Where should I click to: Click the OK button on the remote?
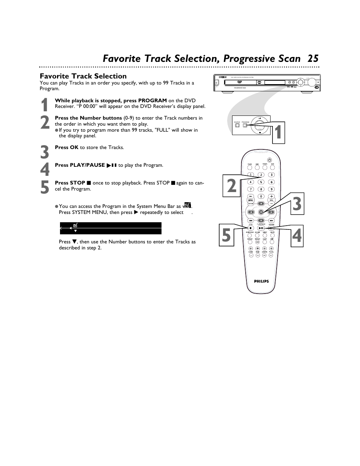[x=261, y=212]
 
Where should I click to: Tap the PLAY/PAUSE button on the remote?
[x=261, y=228]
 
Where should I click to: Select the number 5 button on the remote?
[x=261, y=182]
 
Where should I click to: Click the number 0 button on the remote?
[x=261, y=197]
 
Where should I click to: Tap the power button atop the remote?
[x=269, y=160]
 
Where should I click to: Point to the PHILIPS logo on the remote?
[x=261, y=281]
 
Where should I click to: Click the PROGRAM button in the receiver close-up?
[x=246, y=126]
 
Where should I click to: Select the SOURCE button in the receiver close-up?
[x=237, y=126]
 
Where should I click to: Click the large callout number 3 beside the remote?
[x=297, y=204]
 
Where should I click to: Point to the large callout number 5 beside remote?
[x=226, y=235]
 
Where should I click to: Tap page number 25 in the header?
[x=313, y=58]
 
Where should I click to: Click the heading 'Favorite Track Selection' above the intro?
[x=83, y=76]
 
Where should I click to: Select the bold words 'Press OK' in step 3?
[x=66, y=148]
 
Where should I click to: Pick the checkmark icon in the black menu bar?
[x=75, y=225]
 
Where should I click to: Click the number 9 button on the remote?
[x=271, y=189]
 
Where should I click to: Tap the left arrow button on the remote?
[x=251, y=212]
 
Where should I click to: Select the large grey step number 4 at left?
[x=45, y=170]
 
